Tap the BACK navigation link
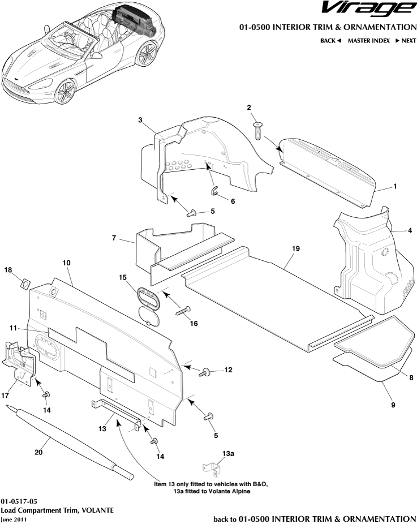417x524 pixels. pyautogui.click(x=330, y=41)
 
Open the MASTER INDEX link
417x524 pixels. pyautogui.click(x=368, y=41)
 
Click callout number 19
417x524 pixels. pyautogui.click(x=295, y=248)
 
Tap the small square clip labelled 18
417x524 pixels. pyautogui.click(x=25, y=281)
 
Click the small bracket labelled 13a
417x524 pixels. pyautogui.click(x=211, y=469)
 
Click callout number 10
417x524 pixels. pyautogui.click(x=66, y=263)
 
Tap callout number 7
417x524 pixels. pyautogui.click(x=114, y=239)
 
